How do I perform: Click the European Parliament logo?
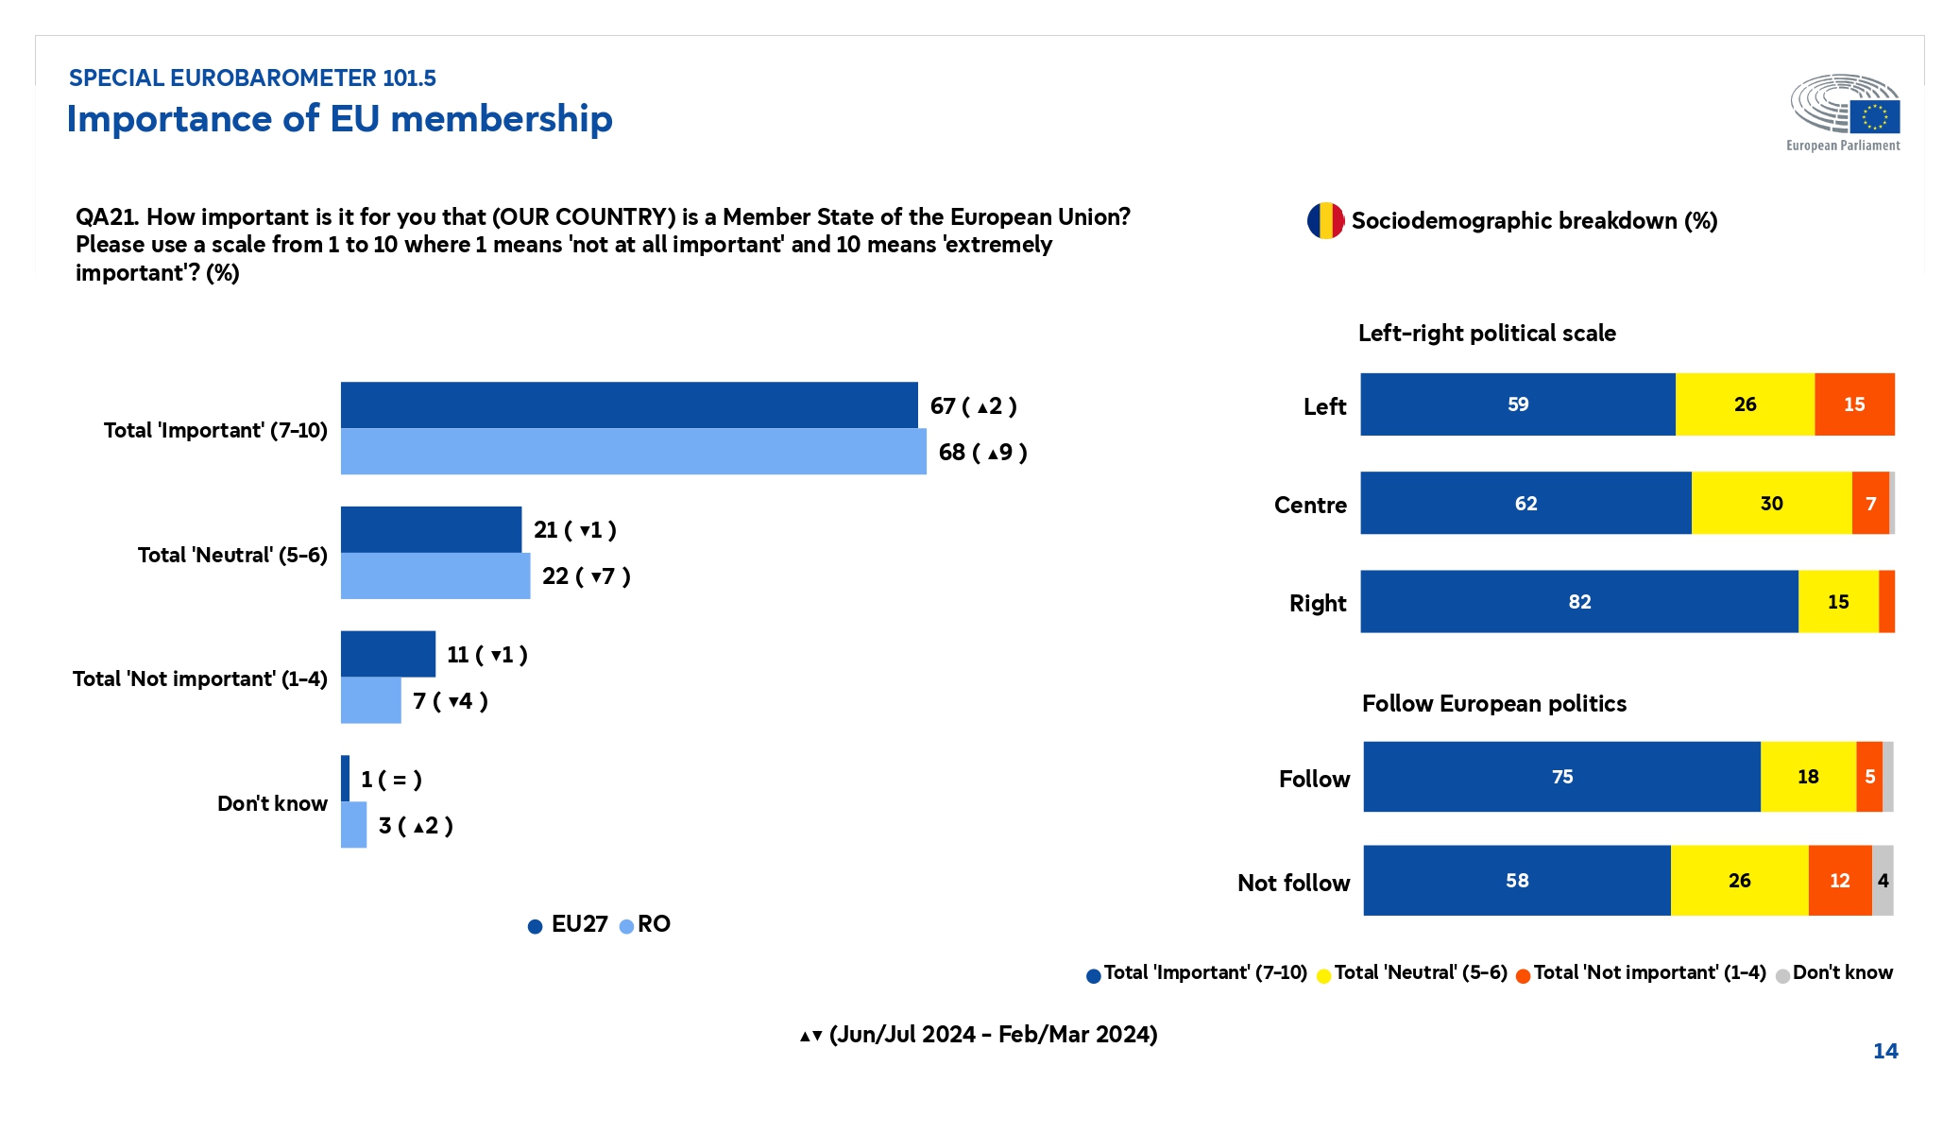point(1844,112)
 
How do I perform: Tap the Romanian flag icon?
point(1325,220)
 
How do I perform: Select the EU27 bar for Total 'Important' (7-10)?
point(628,405)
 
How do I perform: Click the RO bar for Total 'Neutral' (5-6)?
point(435,576)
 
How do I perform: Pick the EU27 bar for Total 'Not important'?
point(387,654)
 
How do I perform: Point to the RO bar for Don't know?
point(353,825)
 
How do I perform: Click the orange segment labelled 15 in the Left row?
point(1853,404)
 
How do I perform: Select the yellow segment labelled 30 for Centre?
point(1771,503)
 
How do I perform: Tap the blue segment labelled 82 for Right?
point(1578,602)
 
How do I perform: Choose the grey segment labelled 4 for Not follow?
point(1883,881)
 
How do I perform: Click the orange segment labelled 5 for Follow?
point(1869,777)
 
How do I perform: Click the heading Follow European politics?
point(1493,704)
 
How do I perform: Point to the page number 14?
point(1884,1051)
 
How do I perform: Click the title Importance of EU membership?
point(339,119)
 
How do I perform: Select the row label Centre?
point(1310,505)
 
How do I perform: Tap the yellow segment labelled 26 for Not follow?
point(1739,881)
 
